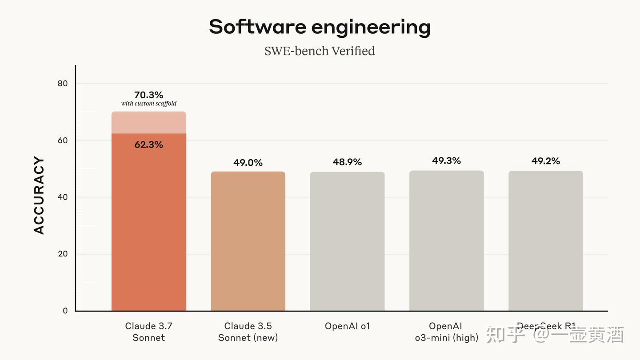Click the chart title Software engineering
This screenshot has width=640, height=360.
320,27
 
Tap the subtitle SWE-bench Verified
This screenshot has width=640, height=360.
320,51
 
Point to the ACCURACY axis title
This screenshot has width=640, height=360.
39,195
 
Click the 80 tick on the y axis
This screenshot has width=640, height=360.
63,84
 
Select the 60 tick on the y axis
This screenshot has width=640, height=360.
63,140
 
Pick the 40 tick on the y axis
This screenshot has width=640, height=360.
63,197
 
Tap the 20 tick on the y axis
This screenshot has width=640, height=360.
63,254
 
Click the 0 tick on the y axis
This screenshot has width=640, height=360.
65,311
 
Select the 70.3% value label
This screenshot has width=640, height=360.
148,95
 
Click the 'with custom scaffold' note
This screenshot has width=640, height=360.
149,104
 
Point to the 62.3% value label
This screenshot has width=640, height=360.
148,144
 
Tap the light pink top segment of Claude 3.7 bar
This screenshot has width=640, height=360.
148,123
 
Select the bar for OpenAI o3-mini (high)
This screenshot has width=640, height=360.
446,240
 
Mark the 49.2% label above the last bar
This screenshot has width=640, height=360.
546,161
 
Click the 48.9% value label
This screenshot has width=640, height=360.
347,162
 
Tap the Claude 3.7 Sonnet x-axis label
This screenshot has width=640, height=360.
148,332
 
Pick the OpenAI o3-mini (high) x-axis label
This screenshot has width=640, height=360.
446,332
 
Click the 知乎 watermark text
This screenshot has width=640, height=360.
506,335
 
